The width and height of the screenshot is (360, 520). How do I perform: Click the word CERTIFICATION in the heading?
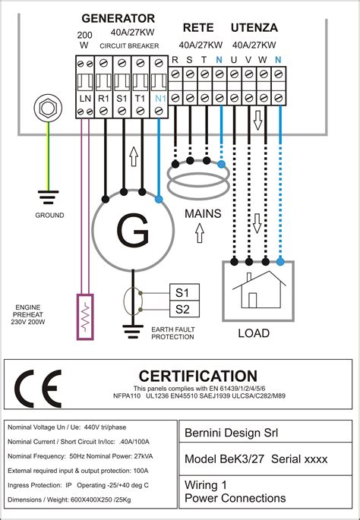pos(198,376)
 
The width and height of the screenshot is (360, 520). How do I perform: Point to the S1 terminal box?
pos(182,292)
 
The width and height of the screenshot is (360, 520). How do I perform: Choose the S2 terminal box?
pos(182,308)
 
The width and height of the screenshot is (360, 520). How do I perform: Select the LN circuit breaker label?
pos(84,99)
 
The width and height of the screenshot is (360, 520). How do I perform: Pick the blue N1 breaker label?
pos(159,99)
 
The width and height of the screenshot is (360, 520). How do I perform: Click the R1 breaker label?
pos(103,99)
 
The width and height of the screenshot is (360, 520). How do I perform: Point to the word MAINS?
pos(203,214)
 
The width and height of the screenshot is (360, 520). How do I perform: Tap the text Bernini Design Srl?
pos(231,433)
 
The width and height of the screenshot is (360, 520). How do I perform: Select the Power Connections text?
pos(235,498)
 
